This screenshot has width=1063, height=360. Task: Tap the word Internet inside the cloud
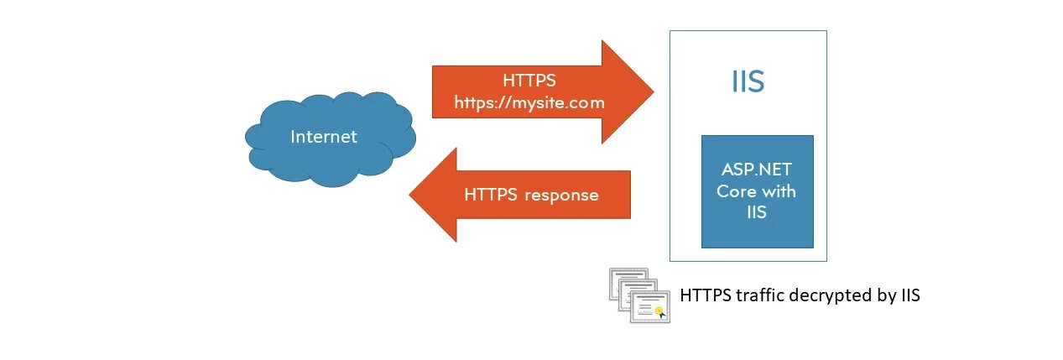click(324, 136)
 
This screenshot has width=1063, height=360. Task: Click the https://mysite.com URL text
click(529, 102)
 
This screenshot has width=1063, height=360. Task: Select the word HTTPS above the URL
click(529, 81)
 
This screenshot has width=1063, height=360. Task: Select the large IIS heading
click(747, 82)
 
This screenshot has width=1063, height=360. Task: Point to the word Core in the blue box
click(736, 190)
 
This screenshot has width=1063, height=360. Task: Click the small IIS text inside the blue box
click(757, 213)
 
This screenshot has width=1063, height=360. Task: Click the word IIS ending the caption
click(910, 295)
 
